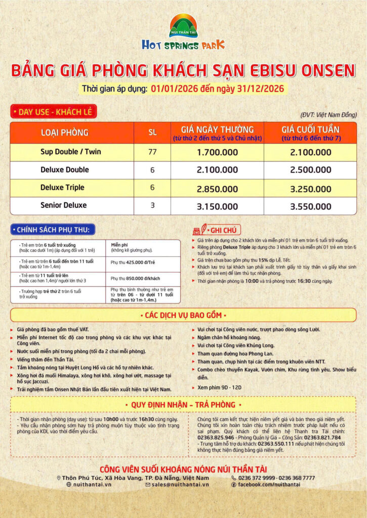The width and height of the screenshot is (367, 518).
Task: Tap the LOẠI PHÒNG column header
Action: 64,133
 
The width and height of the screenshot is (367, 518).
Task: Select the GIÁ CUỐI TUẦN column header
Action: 311,129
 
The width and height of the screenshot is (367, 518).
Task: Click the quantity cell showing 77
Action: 152,151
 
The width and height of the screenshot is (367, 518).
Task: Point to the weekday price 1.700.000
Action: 217,152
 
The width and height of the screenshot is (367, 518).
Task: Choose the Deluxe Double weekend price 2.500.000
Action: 311,170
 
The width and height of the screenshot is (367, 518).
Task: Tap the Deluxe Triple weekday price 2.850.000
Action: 217,188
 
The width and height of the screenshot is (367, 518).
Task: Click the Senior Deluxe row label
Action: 63,205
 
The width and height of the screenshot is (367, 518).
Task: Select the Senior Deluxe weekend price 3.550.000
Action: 311,206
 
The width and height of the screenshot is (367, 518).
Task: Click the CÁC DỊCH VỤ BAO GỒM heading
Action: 183,315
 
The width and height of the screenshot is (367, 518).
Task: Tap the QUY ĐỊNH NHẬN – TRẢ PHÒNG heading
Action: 183,405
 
